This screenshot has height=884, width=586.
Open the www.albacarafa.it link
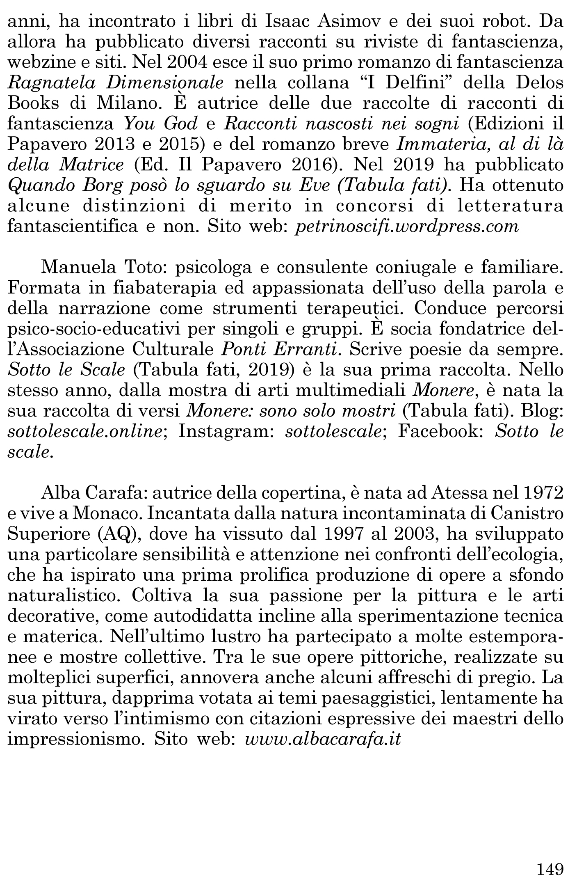[x=322, y=739]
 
